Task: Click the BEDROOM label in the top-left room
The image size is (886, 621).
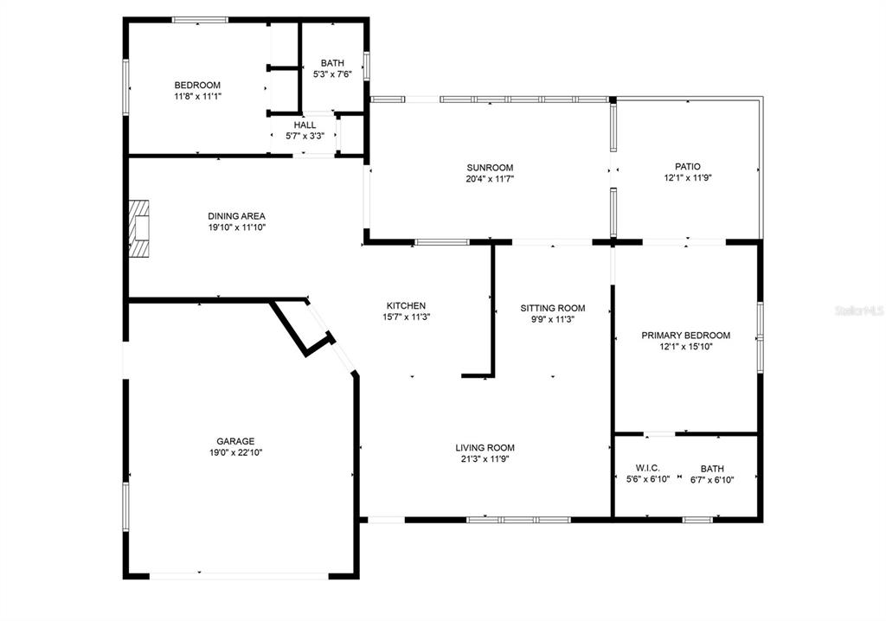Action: click(x=197, y=86)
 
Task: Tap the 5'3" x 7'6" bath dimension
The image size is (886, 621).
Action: click(x=332, y=74)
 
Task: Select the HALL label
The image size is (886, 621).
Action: click(x=305, y=125)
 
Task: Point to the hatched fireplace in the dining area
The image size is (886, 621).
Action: click(x=139, y=228)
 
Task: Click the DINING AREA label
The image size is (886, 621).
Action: click(x=236, y=216)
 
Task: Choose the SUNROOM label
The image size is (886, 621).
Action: click(x=490, y=167)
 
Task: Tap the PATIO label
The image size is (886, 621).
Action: click(x=688, y=166)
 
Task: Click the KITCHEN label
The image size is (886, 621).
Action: click(x=407, y=305)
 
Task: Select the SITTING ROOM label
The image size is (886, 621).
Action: click(x=553, y=308)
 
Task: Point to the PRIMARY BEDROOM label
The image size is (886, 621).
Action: click(x=686, y=335)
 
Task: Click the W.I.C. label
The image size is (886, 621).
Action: click(x=647, y=468)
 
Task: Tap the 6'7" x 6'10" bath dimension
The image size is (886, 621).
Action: click(x=712, y=480)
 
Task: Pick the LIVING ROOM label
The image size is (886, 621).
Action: click(x=485, y=447)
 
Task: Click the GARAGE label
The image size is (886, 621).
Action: click(x=235, y=441)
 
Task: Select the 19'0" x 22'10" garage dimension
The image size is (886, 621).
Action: click(x=235, y=452)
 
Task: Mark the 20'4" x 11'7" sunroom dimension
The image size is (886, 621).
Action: click(x=490, y=178)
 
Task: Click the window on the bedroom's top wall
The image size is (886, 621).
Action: click(x=200, y=20)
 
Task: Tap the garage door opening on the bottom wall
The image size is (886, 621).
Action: click(x=239, y=576)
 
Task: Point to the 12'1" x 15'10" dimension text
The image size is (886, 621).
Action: click(x=686, y=346)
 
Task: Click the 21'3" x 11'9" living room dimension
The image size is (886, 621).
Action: click(x=485, y=458)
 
